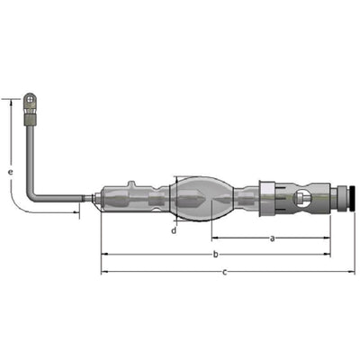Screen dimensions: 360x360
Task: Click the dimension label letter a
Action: pyautogui.click(x=272, y=238)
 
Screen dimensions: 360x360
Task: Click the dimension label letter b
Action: pyautogui.click(x=215, y=255)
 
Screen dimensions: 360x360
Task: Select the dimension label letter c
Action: pyautogui.click(x=225, y=273)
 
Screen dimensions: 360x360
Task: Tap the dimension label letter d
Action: pyautogui.click(x=174, y=230)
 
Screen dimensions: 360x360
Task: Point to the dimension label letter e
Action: pyautogui.click(x=11, y=172)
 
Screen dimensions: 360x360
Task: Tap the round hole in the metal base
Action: pyautogui.click(x=301, y=198)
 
